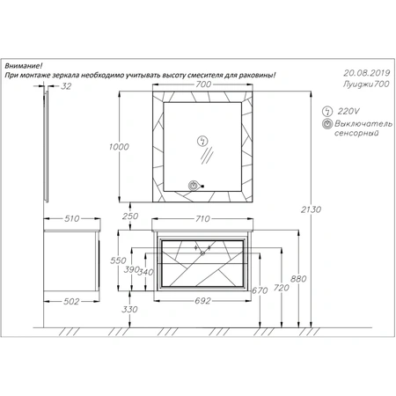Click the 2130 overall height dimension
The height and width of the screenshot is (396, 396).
tap(311, 209)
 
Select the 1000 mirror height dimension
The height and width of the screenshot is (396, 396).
tap(119, 147)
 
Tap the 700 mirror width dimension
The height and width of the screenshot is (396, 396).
tap(203, 84)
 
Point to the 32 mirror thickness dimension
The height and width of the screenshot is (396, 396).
tap(66, 86)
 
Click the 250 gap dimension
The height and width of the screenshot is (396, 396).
tap(130, 216)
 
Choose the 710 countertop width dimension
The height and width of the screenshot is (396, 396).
tap(202, 218)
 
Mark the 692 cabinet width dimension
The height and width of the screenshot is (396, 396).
tap(202, 301)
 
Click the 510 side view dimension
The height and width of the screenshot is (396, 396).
tap(72, 218)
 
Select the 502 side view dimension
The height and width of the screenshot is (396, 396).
tap(71, 301)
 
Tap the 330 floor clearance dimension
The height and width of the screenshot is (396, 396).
tap(129, 309)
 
